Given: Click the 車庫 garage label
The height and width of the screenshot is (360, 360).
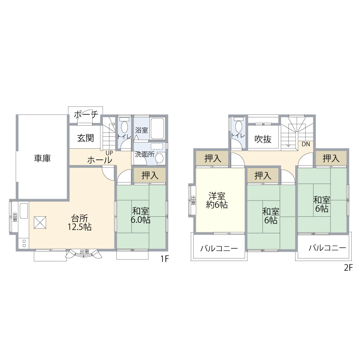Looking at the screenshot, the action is pyautogui.click(x=42, y=158).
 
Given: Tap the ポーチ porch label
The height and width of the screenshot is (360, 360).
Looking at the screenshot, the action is pyautogui.click(x=86, y=114).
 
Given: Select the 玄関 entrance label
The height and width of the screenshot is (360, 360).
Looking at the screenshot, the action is pyautogui.click(x=85, y=138).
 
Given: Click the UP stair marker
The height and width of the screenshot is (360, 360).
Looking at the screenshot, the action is pyautogui.click(x=109, y=153).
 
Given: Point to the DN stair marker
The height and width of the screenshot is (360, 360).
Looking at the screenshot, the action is pyautogui.click(x=306, y=144).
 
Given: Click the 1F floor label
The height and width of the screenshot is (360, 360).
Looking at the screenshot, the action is pyautogui.click(x=165, y=259).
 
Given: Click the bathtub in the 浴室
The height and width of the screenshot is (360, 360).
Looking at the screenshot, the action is pyautogui.click(x=158, y=129).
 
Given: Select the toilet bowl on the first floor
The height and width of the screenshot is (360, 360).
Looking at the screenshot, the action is pyautogui.click(x=125, y=127).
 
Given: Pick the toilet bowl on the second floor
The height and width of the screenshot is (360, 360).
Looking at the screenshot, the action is pyautogui.click(x=239, y=126).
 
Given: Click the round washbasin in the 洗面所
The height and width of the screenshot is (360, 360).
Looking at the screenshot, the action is pyautogui.click(x=159, y=158).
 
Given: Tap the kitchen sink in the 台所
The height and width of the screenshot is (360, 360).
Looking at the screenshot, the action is pyautogui.click(x=24, y=211).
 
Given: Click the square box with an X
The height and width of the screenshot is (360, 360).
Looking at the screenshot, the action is pyautogui.click(x=40, y=222).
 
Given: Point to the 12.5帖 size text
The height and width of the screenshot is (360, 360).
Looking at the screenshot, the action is pyautogui.click(x=80, y=227).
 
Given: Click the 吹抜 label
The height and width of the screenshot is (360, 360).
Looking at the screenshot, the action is pyautogui.click(x=263, y=139).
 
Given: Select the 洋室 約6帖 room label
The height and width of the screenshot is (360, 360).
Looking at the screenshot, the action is pyautogui.click(x=217, y=200).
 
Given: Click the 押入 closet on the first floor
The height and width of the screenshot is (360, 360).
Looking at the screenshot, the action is pyautogui.click(x=150, y=175).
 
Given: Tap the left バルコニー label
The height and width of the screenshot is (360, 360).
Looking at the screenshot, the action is pyautogui.click(x=219, y=248).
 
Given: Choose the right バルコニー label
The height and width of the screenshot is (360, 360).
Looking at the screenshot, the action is pyautogui.click(x=327, y=248).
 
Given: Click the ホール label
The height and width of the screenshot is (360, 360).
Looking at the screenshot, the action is pyautogui.click(x=99, y=160).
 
